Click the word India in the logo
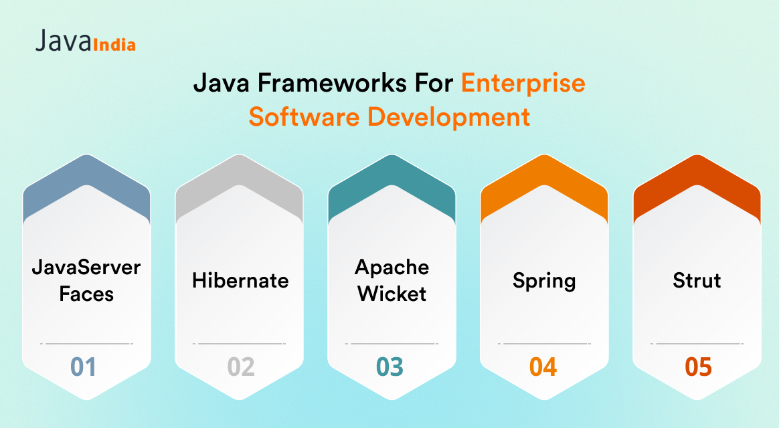[x=114, y=45]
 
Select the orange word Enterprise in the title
[x=523, y=84]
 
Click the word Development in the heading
[x=448, y=118]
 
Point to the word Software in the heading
[x=304, y=117]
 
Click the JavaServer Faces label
[x=86, y=280]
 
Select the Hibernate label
[x=240, y=280]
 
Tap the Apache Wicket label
[x=392, y=280]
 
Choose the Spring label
[x=544, y=282]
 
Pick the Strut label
[x=697, y=280]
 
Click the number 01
[x=83, y=367]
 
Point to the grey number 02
[x=241, y=367]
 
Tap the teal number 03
[x=389, y=367]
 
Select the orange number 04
[x=543, y=367]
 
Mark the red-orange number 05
[x=698, y=367]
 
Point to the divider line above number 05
[x=697, y=344]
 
